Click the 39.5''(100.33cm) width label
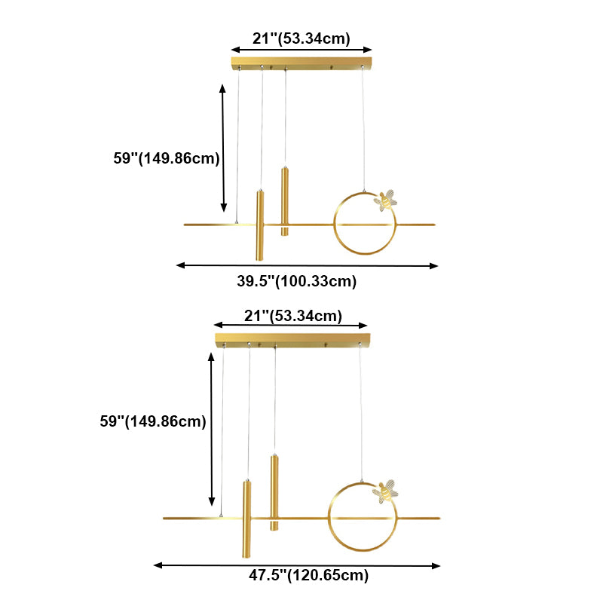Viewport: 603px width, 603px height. point(297,282)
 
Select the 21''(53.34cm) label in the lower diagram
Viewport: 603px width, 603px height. point(292,315)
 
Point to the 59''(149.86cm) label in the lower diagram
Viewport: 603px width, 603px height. point(152,422)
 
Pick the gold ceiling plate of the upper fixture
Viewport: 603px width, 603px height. point(302,61)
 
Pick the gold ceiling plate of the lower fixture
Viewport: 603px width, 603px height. point(292,338)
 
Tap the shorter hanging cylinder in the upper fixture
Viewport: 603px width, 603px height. point(285,201)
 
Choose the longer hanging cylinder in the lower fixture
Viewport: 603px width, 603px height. point(246,519)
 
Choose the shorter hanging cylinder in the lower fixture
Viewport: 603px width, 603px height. point(274,491)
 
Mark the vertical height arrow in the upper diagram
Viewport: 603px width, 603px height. point(223,148)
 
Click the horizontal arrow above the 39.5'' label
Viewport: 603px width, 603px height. point(307,265)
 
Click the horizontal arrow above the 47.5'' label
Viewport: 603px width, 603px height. point(297,565)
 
